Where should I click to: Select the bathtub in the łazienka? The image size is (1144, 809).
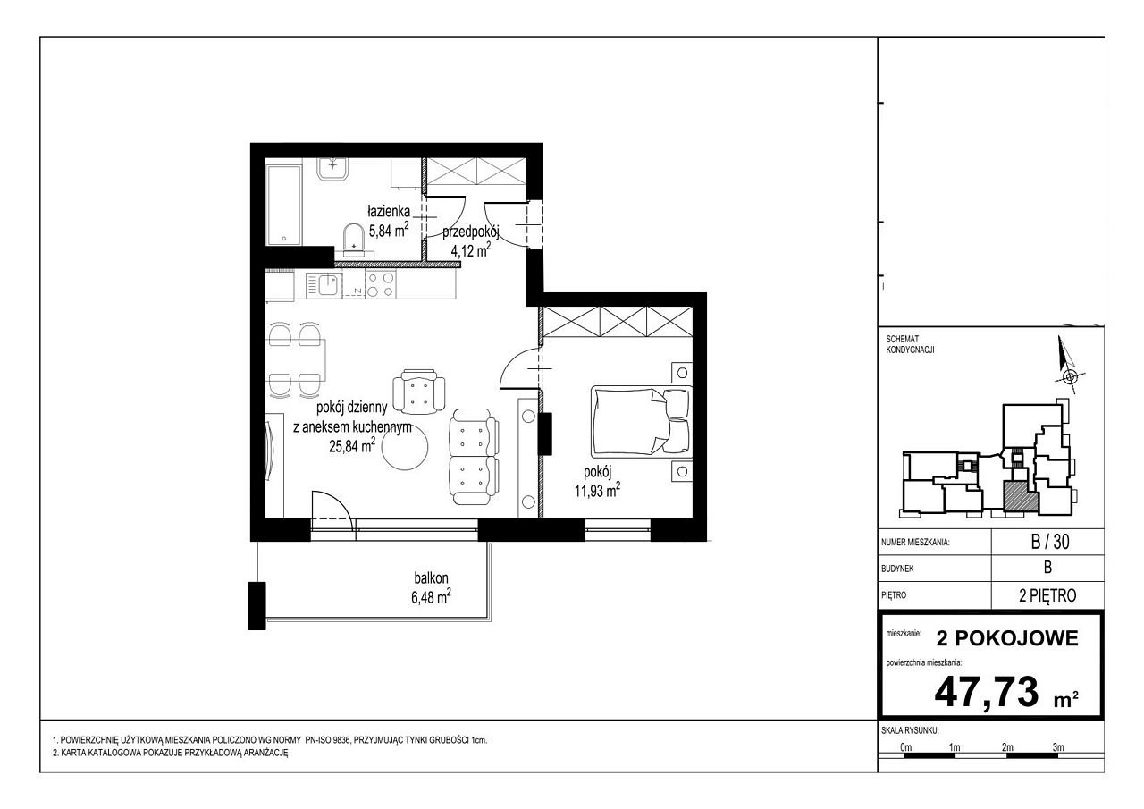pos(283,206)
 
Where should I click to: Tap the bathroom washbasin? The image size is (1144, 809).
pos(333,169)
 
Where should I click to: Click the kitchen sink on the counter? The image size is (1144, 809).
pos(324,285)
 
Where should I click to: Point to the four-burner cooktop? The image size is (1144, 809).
pos(381,285)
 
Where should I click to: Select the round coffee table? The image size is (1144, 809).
pos(405,449)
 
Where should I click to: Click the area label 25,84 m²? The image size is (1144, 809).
pos(352,446)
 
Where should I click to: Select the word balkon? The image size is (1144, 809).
pos(431,577)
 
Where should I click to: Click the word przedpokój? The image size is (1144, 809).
pos(470,232)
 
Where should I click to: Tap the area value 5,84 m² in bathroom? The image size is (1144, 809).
pos(389,231)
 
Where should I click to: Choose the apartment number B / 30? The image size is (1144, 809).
pos(1049,542)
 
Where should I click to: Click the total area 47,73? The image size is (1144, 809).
pos(987,692)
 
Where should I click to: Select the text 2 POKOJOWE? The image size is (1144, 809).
pos(1007,638)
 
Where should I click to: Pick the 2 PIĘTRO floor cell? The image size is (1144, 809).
pos(1047,595)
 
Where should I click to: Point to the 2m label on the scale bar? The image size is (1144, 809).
pos(1007,747)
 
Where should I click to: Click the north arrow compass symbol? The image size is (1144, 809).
pos(1064,366)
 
